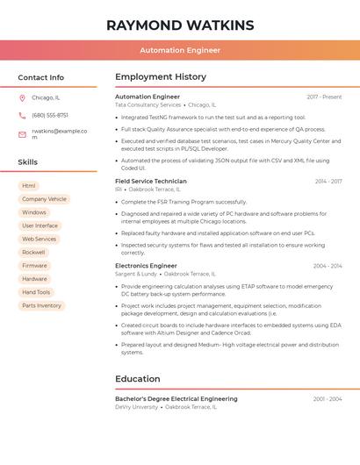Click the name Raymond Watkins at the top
point(180,25)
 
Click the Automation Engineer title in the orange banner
point(180,50)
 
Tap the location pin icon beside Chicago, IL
point(22,97)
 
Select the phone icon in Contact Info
point(22,115)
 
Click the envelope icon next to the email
point(22,134)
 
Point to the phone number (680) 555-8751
point(50,115)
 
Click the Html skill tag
point(29,186)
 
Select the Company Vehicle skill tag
point(44,199)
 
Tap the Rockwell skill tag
point(33,252)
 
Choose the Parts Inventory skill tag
point(42,305)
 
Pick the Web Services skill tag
point(39,239)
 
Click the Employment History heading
point(161,76)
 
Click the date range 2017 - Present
point(324,97)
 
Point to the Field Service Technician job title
point(151,181)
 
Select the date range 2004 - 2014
point(327,265)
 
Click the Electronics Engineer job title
point(146,265)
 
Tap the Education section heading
point(137,379)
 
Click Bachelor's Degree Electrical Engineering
point(176,398)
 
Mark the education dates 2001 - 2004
point(327,398)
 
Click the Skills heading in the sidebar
point(28,161)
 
